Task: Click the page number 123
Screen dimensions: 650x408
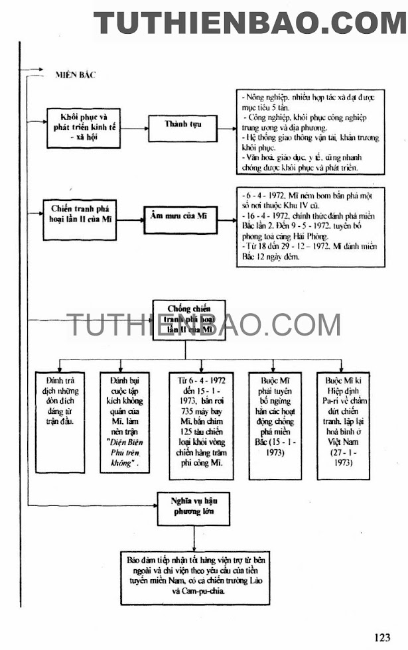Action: click(382, 637)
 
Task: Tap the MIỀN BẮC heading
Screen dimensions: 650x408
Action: click(75, 75)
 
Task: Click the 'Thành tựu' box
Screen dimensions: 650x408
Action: click(182, 124)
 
